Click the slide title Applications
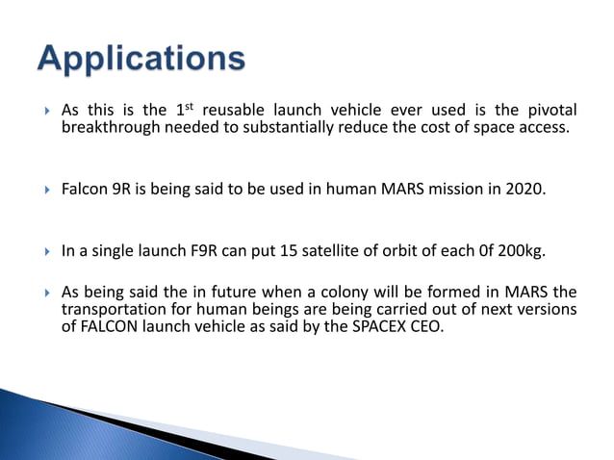coord(141,60)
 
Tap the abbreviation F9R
coord(234,250)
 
